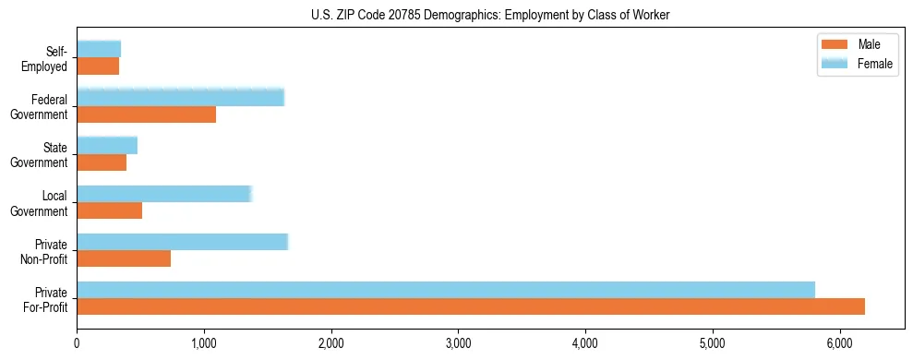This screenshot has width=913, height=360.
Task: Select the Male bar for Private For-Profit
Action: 471,306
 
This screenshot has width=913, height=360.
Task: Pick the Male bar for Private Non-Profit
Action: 124,258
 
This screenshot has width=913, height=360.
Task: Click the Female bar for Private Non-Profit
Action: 182,242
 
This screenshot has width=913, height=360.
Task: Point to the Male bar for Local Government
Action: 109,210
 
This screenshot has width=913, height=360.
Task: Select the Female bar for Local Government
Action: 163,194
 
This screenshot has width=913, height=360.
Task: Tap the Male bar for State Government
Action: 102,162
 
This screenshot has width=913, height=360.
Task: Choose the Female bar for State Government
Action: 107,146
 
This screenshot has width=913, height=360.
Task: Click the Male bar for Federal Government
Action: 146,114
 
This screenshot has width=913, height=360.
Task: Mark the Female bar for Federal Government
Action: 180,98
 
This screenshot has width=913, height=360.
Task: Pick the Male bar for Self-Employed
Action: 98,66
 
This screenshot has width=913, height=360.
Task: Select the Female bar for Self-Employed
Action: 99,50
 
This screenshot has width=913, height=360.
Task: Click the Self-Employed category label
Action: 50,58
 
